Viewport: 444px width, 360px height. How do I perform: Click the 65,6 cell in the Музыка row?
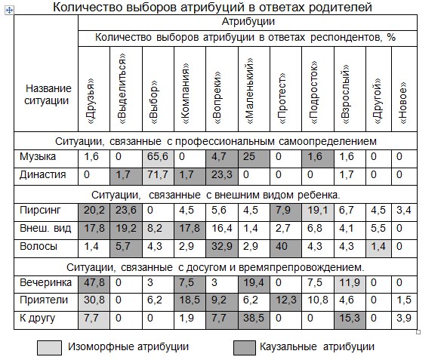158,158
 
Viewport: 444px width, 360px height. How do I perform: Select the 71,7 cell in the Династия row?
158,177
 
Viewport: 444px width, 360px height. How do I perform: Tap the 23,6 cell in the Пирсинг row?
125,212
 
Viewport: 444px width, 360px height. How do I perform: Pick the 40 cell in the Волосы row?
285,248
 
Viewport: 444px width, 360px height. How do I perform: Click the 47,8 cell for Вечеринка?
94,285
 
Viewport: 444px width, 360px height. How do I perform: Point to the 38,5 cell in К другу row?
254,320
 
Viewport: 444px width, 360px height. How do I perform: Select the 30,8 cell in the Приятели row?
94,302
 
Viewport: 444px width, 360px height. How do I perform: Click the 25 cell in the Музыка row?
254,158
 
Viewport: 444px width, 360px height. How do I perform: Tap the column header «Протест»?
283,99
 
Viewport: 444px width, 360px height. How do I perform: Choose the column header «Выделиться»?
122,88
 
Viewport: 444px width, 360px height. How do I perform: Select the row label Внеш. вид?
45,228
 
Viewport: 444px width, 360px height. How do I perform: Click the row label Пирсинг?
40,211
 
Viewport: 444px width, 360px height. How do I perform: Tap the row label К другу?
38,318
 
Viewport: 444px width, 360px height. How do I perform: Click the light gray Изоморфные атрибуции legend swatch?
49,348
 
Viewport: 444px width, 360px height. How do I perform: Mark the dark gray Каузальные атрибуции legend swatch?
245,348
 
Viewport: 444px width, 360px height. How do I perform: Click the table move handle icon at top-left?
9,11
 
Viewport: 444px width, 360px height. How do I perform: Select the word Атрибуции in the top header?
248,22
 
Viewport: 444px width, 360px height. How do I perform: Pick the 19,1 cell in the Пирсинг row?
317,212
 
